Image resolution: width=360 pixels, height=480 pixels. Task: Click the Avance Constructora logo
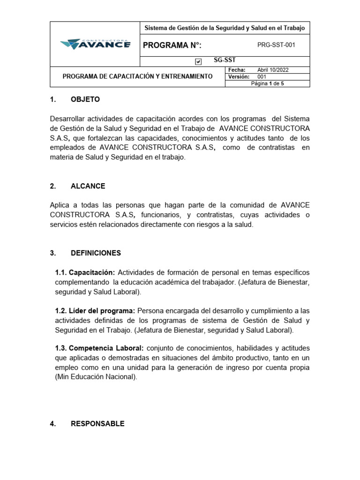(95, 44)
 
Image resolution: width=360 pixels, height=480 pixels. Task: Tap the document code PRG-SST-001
(277, 45)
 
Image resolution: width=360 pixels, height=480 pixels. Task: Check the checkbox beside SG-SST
(198, 62)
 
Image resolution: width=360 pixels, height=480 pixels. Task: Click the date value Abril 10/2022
(273, 70)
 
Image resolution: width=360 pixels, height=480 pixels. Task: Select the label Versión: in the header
(238, 76)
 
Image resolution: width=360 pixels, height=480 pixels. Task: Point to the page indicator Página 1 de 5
(268, 83)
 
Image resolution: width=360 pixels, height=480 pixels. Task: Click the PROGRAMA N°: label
(172, 45)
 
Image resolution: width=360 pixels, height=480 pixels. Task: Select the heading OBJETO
(85, 99)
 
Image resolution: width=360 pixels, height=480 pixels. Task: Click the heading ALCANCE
(88, 186)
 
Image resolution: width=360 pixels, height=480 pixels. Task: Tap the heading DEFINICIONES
(96, 253)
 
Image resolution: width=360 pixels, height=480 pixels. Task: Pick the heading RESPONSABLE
(97, 424)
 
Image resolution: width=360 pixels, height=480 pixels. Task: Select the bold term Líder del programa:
(95, 311)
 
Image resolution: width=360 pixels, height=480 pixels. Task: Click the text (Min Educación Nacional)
(97, 377)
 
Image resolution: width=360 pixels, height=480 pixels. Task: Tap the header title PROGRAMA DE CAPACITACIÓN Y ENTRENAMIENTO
(138, 76)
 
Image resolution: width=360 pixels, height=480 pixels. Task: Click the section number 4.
(52, 424)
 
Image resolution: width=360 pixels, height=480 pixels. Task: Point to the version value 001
(262, 76)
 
